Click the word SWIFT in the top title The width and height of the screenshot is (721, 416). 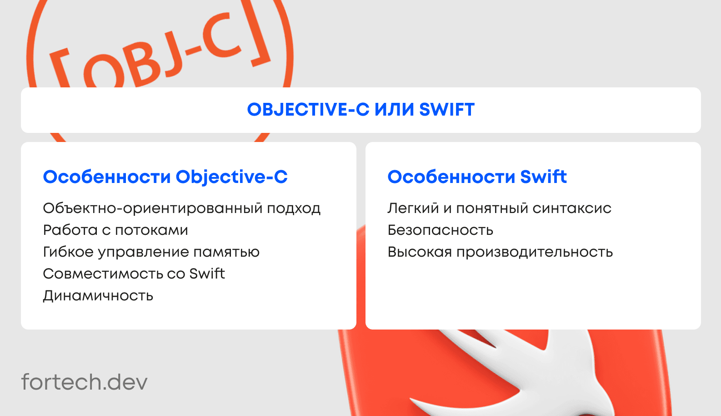coord(447,110)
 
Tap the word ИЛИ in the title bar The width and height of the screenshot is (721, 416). coord(394,110)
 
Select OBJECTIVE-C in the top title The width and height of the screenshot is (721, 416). coord(308,110)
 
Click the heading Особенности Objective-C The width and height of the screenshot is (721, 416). coord(165,177)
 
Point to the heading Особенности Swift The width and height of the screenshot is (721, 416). coord(477,177)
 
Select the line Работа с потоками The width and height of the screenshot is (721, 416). coord(115,230)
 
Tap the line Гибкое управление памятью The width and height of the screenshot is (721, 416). coord(151,252)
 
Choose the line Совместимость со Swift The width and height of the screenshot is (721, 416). coord(134,274)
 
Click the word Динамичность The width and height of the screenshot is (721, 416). coord(98,296)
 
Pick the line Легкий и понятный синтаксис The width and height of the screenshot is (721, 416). coord(499,208)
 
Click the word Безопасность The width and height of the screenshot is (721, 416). coord(441,230)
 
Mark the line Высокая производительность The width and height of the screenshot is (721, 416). coord(500,252)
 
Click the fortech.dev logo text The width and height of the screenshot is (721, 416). coord(85,382)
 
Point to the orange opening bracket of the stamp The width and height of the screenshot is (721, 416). coord(60,69)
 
